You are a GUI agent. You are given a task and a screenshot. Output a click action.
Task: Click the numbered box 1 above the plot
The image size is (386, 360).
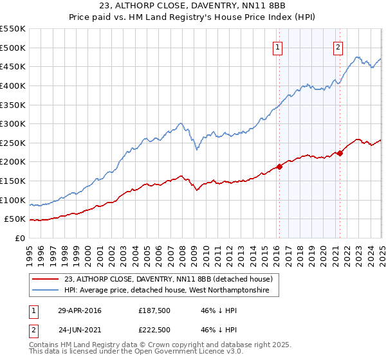click(277, 47)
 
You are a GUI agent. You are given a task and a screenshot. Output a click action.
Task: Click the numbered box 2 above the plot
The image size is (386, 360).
click(338, 47)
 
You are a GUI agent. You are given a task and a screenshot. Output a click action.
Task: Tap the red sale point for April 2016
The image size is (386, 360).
click(279, 166)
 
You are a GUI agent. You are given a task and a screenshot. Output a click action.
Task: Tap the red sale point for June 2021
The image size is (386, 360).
click(340, 153)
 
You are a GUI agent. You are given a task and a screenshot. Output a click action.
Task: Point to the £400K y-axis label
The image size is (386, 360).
click(13, 85)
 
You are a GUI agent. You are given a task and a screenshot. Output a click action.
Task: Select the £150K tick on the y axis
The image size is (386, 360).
click(13, 181)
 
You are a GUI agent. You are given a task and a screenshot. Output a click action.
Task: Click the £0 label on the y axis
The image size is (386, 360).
click(21, 239)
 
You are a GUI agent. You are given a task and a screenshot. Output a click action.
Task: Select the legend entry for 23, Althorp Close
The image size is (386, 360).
click(169, 280)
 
